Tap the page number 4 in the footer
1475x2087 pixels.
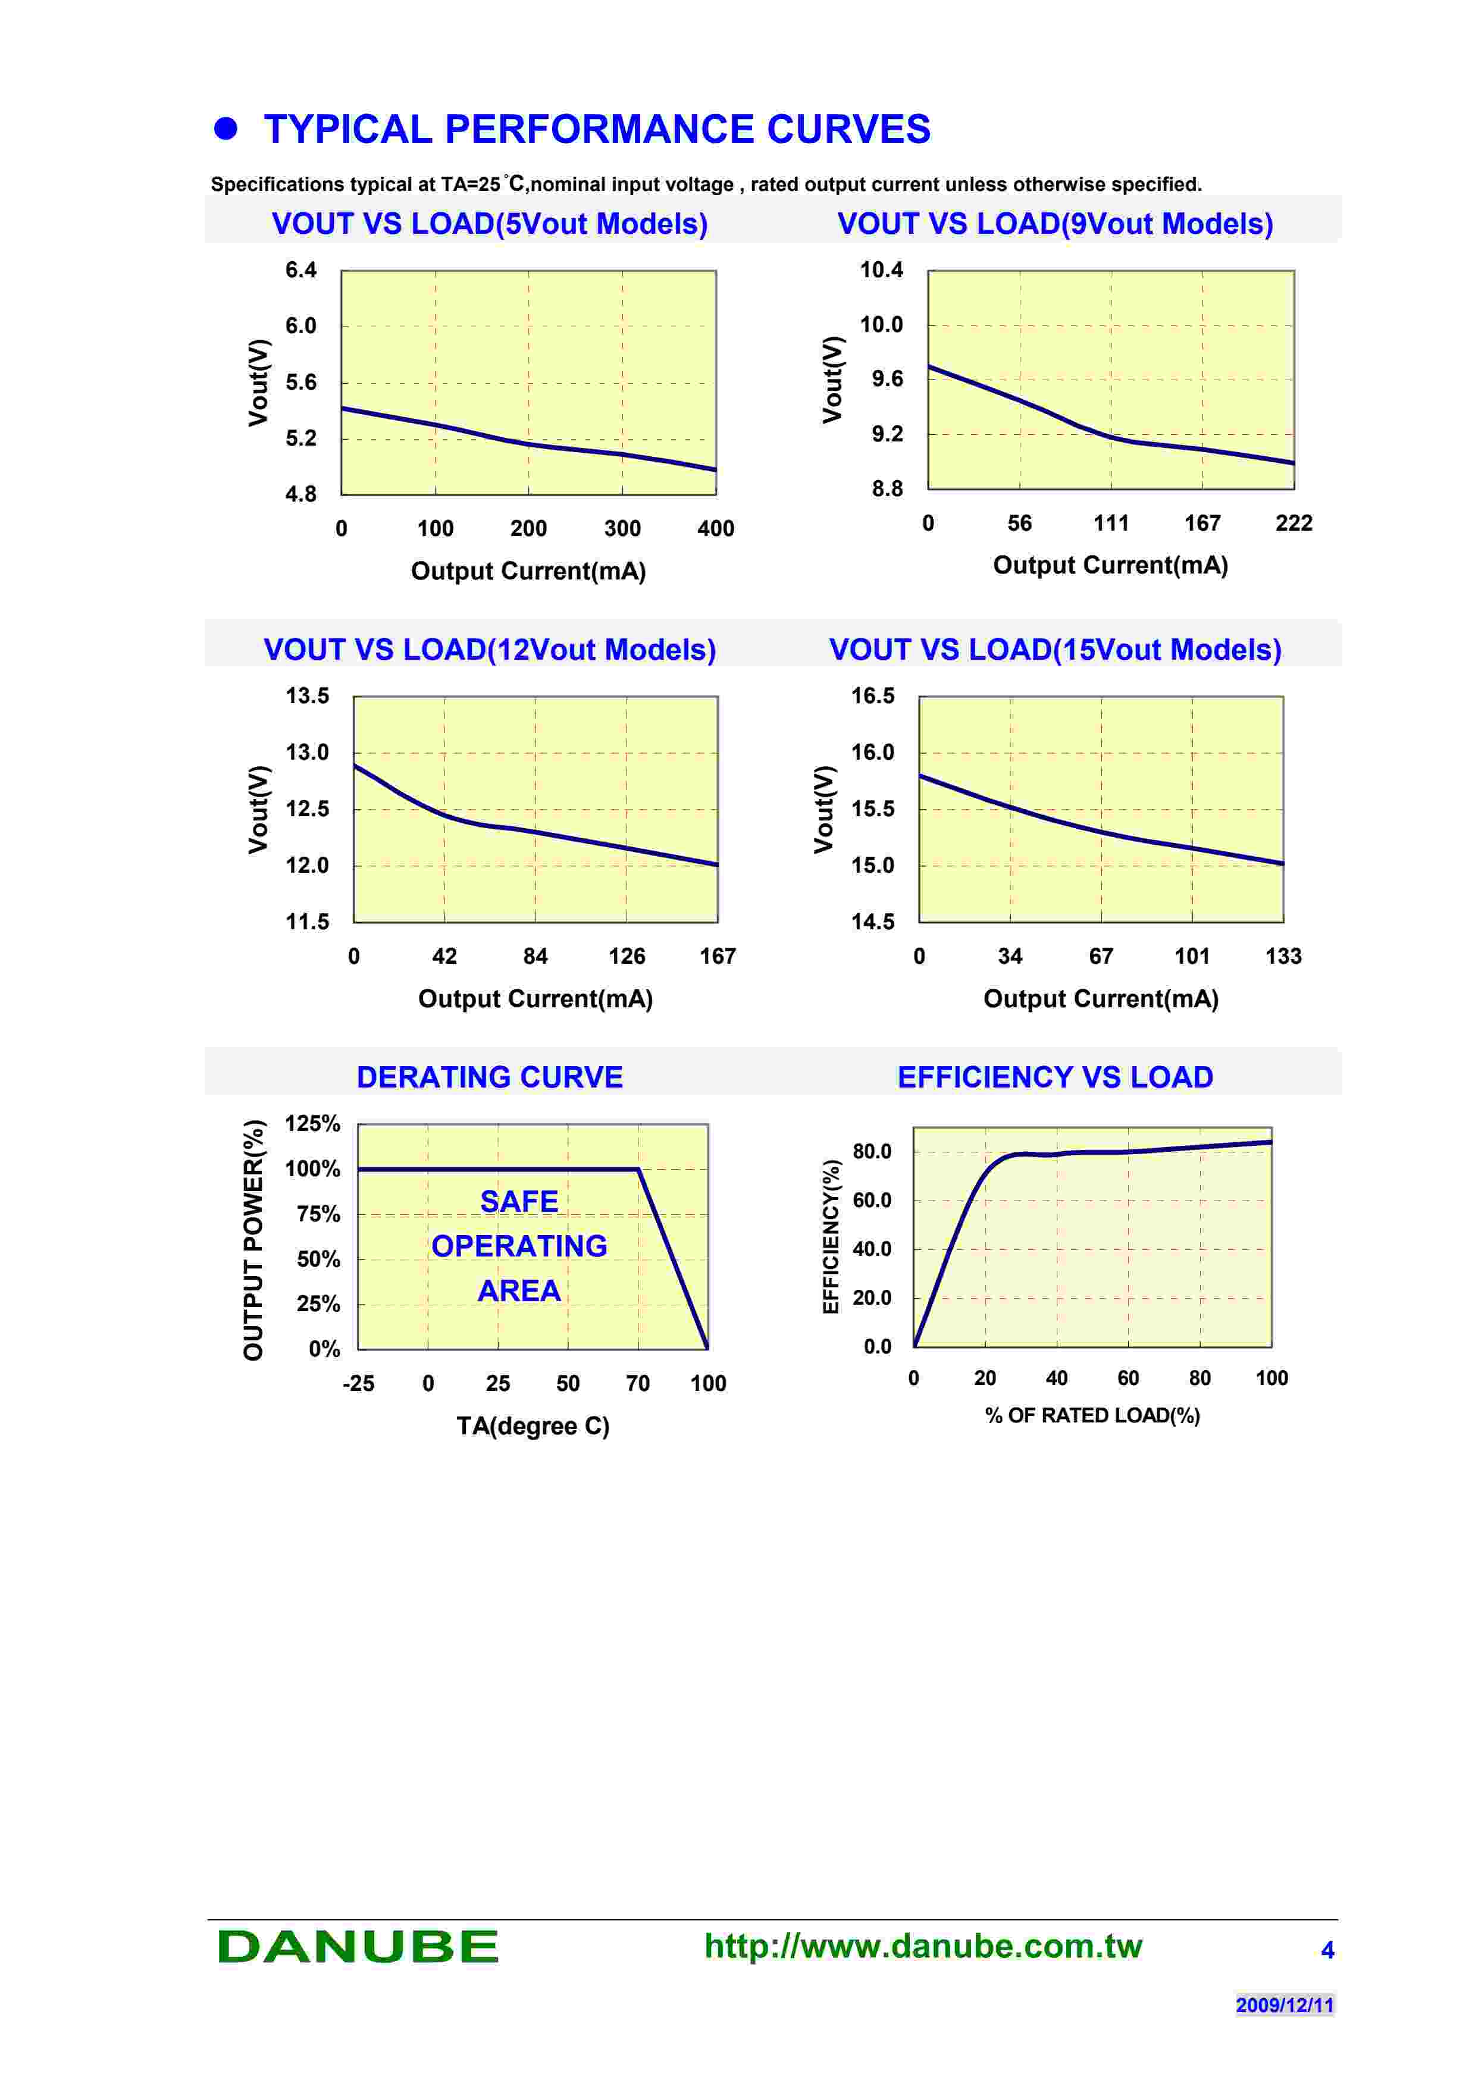[x=1327, y=1950]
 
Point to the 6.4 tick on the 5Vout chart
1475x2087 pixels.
[x=301, y=270]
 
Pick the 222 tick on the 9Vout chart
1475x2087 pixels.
[x=1294, y=523]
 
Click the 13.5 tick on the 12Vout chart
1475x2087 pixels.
[x=307, y=695]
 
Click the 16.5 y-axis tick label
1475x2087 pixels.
[x=872, y=695]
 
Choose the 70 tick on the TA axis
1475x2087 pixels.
[x=637, y=1383]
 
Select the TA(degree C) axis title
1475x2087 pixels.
[x=533, y=1425]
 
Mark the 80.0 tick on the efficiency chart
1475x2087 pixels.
[x=872, y=1152]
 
